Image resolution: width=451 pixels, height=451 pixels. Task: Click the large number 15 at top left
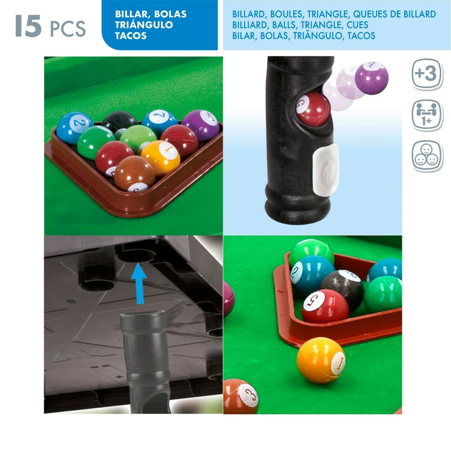click(x=28, y=26)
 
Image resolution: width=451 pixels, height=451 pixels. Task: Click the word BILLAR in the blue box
click(x=131, y=14)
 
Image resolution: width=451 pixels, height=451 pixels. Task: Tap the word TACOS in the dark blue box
click(x=130, y=36)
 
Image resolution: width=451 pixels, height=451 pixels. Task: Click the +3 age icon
click(x=426, y=74)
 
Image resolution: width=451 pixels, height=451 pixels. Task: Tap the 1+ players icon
click(x=426, y=114)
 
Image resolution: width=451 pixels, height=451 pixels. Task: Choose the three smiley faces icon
click(x=426, y=156)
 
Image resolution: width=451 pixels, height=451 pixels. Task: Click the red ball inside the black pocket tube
click(x=313, y=109)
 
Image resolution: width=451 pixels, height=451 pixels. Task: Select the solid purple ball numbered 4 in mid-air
click(x=371, y=78)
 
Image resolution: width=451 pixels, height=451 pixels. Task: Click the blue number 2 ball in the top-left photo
click(x=75, y=128)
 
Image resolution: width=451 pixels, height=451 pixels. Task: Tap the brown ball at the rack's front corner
click(x=134, y=173)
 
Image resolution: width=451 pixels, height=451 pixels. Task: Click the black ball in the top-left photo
click(x=119, y=121)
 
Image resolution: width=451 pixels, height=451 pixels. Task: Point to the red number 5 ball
click(x=325, y=306)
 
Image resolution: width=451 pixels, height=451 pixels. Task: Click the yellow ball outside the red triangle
click(x=321, y=360)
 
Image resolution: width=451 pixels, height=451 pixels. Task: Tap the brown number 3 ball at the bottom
click(x=241, y=396)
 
